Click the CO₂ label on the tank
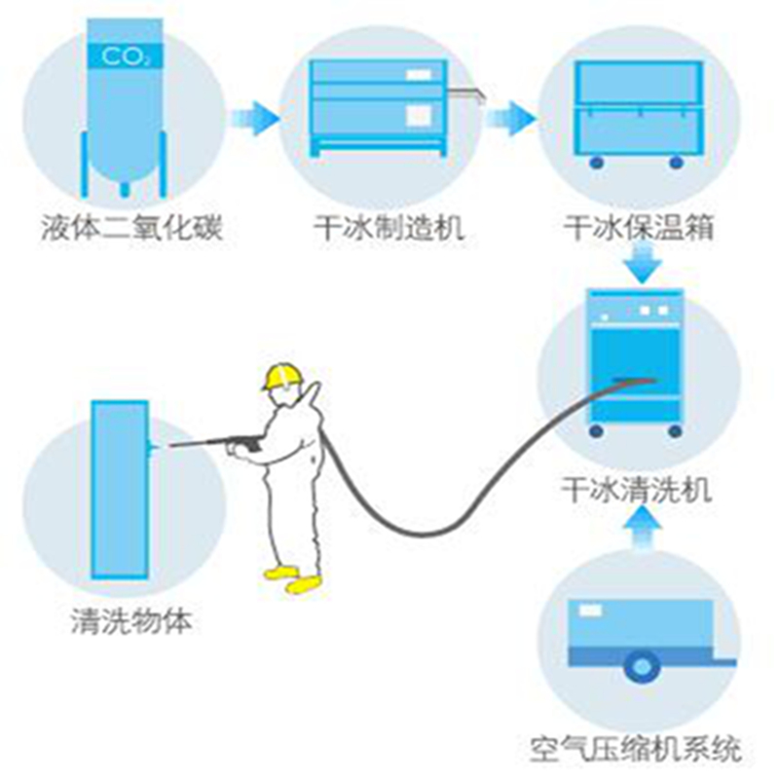(125, 56)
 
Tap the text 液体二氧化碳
(132, 228)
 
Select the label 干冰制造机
(389, 228)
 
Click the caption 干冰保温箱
(639, 228)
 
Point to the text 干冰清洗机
(637, 490)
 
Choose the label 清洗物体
(131, 621)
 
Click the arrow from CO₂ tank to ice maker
(254, 118)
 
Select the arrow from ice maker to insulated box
(510, 118)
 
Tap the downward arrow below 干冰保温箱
(643, 265)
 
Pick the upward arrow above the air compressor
(643, 528)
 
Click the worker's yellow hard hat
(281, 376)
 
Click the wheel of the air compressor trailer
(642, 667)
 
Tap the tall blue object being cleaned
(120, 490)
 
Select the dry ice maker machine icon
(379, 108)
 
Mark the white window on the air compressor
(590, 610)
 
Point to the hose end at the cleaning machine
(635, 381)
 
